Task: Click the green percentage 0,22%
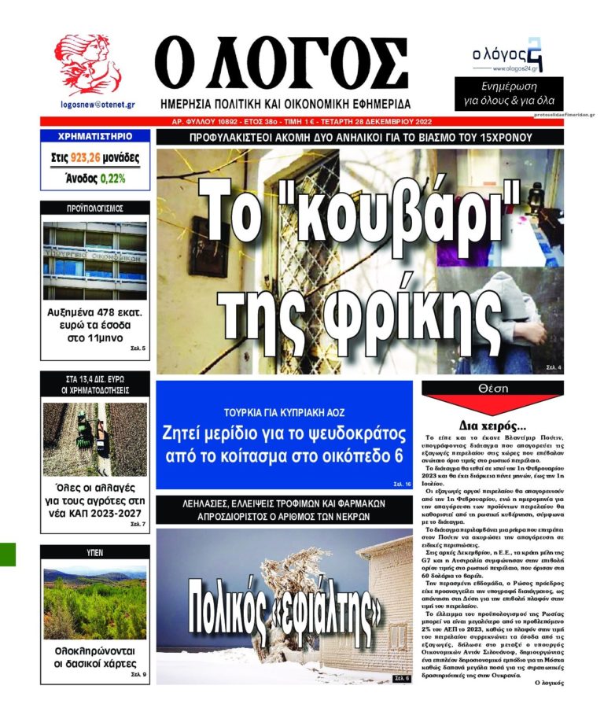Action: point(112,179)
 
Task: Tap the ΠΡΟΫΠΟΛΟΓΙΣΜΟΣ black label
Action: point(94,208)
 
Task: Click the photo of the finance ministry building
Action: point(94,260)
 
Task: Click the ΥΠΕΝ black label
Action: point(94,553)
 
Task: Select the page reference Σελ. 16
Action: point(400,484)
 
